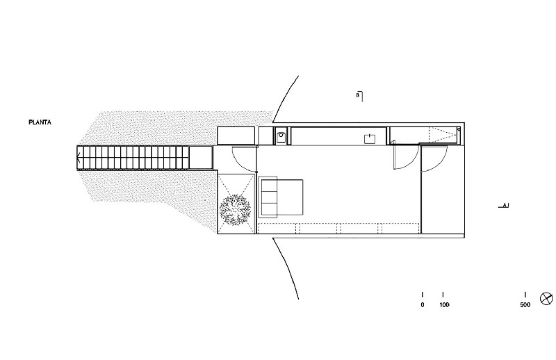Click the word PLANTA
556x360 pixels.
[x=40, y=122]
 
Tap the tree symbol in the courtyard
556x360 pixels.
[x=235, y=210]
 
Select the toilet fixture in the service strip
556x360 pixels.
[x=281, y=137]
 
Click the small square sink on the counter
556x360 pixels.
[x=370, y=139]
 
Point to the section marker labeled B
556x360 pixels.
[x=359, y=96]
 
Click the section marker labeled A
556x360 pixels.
[x=504, y=205]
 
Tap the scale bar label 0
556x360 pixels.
[x=423, y=304]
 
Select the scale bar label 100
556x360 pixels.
[x=444, y=304]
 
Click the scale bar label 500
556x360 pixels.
[x=525, y=304]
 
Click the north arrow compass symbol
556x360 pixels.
[x=546, y=298]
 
